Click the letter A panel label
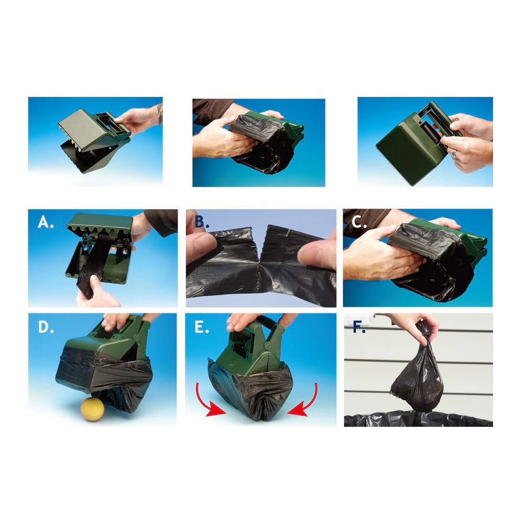(46, 222)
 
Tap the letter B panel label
(202, 222)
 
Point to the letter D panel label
(46, 327)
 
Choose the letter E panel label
(202, 327)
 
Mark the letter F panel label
(359, 327)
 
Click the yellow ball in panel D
(92, 409)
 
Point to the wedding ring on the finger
(454, 154)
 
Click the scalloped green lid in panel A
(100, 222)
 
